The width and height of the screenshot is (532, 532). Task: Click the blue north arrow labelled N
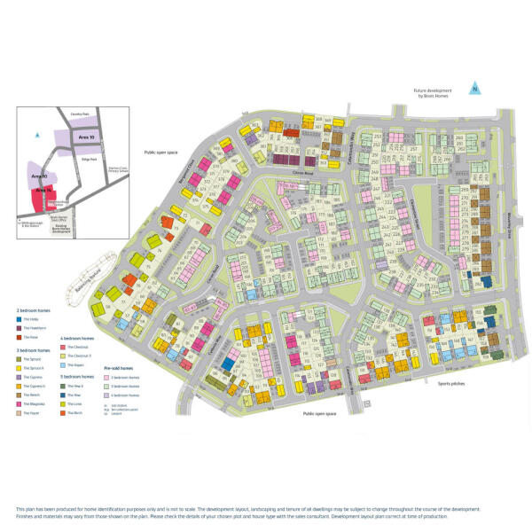point(475,88)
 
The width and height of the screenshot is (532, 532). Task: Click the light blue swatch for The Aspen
point(64,364)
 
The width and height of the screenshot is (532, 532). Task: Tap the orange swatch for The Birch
point(64,412)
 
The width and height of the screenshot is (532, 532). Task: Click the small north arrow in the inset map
point(36,135)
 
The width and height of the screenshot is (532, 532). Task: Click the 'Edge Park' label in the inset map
point(87,159)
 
